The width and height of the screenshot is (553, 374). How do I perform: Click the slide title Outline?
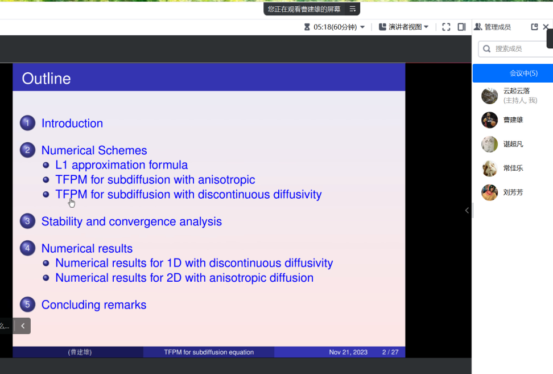point(46,79)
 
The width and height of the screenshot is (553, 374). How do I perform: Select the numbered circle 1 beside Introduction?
point(27,123)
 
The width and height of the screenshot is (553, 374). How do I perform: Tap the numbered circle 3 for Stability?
point(27,221)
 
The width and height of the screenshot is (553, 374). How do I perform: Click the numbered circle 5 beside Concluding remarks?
point(27,305)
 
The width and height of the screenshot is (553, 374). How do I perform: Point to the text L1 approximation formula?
point(121,165)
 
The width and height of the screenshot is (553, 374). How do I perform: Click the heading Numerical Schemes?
point(94,150)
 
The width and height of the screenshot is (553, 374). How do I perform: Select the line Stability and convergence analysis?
point(131,221)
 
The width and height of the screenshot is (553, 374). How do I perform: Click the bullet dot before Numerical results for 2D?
point(46,278)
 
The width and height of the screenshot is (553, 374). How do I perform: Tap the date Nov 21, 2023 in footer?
point(348,352)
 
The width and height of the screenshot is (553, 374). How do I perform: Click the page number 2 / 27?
point(390,352)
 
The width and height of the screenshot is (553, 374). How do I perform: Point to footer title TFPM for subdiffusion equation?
point(209,352)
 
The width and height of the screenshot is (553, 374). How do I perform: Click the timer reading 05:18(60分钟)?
point(335,27)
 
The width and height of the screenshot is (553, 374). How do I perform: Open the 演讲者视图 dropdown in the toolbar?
point(404,27)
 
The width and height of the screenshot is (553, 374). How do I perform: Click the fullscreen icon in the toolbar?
point(446,27)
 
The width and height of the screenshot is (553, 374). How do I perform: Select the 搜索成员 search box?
point(515,49)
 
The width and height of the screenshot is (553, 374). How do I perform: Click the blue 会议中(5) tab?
point(513,73)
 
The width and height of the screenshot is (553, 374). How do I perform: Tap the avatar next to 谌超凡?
point(489,144)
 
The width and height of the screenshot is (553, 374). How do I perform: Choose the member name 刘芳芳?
point(513,192)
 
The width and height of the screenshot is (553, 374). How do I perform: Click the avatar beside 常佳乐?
point(489,168)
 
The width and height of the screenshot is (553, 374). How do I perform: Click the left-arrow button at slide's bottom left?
point(23,326)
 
